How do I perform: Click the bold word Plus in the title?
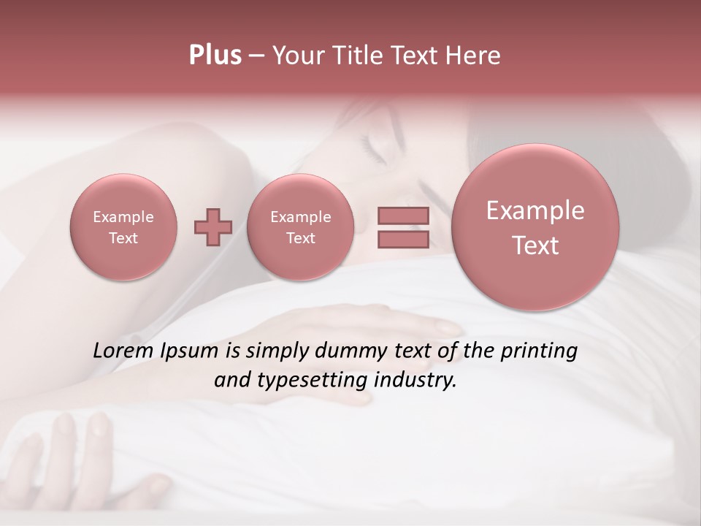coord(215,56)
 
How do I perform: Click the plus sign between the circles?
coord(212,226)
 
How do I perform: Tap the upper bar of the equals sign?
coord(403,216)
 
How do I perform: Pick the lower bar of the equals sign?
coord(403,240)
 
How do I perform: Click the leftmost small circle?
coord(123,226)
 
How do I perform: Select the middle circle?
coord(300,226)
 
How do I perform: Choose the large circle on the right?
coord(535,226)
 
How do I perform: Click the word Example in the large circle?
coord(535,210)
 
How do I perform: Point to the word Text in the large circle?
coord(535,245)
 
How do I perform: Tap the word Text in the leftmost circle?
coord(123,238)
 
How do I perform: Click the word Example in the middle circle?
coord(300,217)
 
